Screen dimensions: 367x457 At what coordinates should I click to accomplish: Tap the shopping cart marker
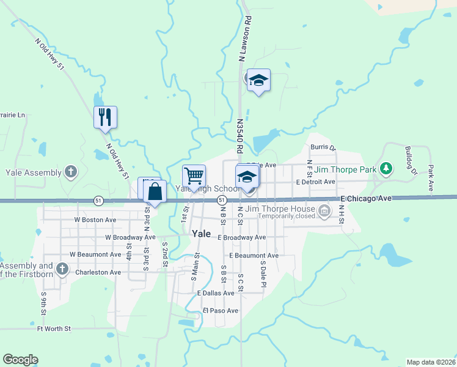click(x=194, y=176)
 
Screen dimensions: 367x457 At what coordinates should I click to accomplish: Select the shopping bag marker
click(x=156, y=191)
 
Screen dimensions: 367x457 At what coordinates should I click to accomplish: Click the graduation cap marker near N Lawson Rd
click(x=258, y=80)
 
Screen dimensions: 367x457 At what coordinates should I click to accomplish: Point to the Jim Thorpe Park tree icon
click(x=386, y=168)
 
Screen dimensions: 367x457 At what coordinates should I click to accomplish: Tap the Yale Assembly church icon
click(x=71, y=172)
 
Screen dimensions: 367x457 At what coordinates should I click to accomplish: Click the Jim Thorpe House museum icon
click(x=324, y=212)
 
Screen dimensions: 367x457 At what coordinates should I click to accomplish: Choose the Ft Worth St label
click(x=54, y=328)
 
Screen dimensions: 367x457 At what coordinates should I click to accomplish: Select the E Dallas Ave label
click(x=215, y=294)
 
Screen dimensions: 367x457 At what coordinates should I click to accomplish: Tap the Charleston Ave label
click(x=98, y=272)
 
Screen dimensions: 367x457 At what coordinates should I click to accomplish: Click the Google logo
click(x=20, y=360)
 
